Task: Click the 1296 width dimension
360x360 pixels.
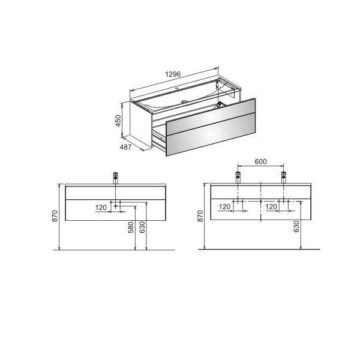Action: click(x=173, y=74)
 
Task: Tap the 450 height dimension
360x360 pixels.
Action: click(x=118, y=121)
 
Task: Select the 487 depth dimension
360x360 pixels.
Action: click(x=125, y=147)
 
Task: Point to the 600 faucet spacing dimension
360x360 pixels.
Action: click(x=260, y=161)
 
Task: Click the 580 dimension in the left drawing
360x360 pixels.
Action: click(x=131, y=227)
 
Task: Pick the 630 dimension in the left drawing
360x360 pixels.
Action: click(x=142, y=227)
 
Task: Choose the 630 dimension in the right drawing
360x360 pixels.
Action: click(x=296, y=227)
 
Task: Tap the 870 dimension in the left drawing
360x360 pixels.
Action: click(x=55, y=216)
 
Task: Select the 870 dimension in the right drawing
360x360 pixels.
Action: click(x=200, y=216)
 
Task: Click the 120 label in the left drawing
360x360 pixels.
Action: click(x=101, y=208)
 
